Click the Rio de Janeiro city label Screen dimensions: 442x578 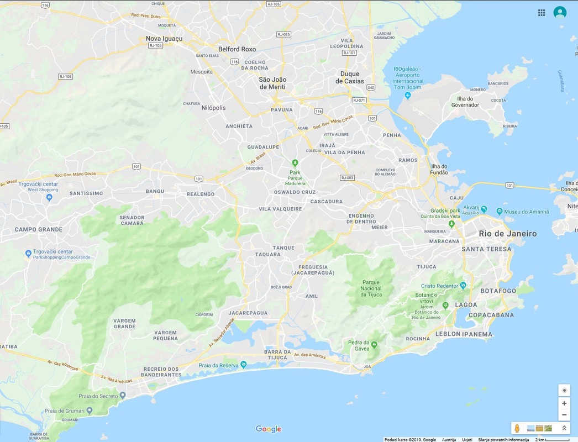[507, 234]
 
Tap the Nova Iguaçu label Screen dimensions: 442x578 [164, 39]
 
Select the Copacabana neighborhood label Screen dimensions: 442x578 [491, 315]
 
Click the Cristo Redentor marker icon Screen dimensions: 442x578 [463, 285]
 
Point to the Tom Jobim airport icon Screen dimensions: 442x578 [408, 96]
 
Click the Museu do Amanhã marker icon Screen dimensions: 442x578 [500, 211]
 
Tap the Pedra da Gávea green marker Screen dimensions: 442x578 [374, 344]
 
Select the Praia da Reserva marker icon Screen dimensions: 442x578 [244, 365]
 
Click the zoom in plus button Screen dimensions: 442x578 [564, 403]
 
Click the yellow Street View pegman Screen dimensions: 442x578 [517, 428]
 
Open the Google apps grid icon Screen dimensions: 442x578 [542, 13]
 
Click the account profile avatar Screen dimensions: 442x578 [560, 13]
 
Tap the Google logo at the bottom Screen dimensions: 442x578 [269, 429]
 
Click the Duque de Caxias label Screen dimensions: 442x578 [350, 77]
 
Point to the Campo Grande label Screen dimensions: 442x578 [39, 229]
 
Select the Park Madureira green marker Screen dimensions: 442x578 [295, 162]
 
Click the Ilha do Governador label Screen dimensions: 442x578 [464, 102]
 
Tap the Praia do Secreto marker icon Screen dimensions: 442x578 [123, 396]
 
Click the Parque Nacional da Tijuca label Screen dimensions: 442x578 [371, 288]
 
